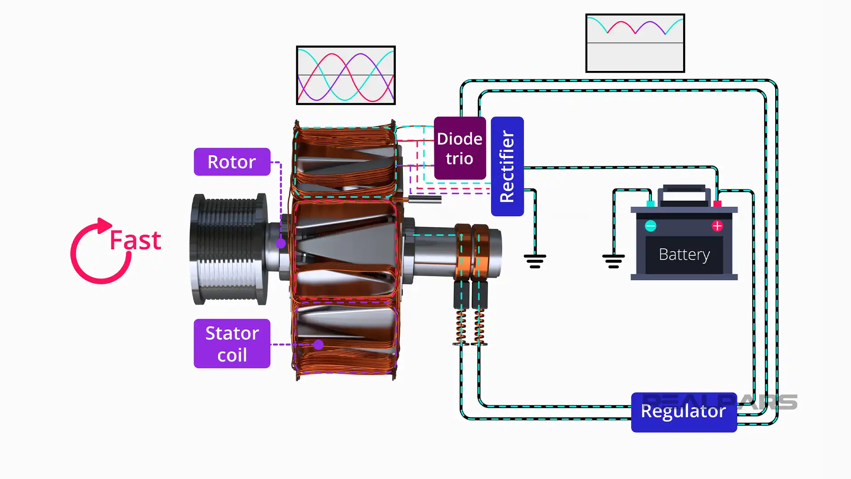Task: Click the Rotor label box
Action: (232, 162)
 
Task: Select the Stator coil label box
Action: (232, 344)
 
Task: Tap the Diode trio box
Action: (460, 149)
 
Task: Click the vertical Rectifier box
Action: (507, 166)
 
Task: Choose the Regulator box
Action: (683, 412)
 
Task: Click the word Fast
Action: (135, 240)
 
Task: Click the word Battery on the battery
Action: (684, 255)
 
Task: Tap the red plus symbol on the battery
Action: (717, 226)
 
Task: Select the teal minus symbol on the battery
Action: (650, 226)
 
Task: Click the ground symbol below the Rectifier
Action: (535, 261)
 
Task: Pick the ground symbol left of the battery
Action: (613, 261)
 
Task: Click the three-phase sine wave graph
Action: (346, 75)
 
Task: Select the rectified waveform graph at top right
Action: (635, 43)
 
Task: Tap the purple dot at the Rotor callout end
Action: (281, 243)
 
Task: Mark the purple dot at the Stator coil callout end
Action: (318, 345)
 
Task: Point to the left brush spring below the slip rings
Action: (461, 327)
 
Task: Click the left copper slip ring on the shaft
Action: (462, 251)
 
